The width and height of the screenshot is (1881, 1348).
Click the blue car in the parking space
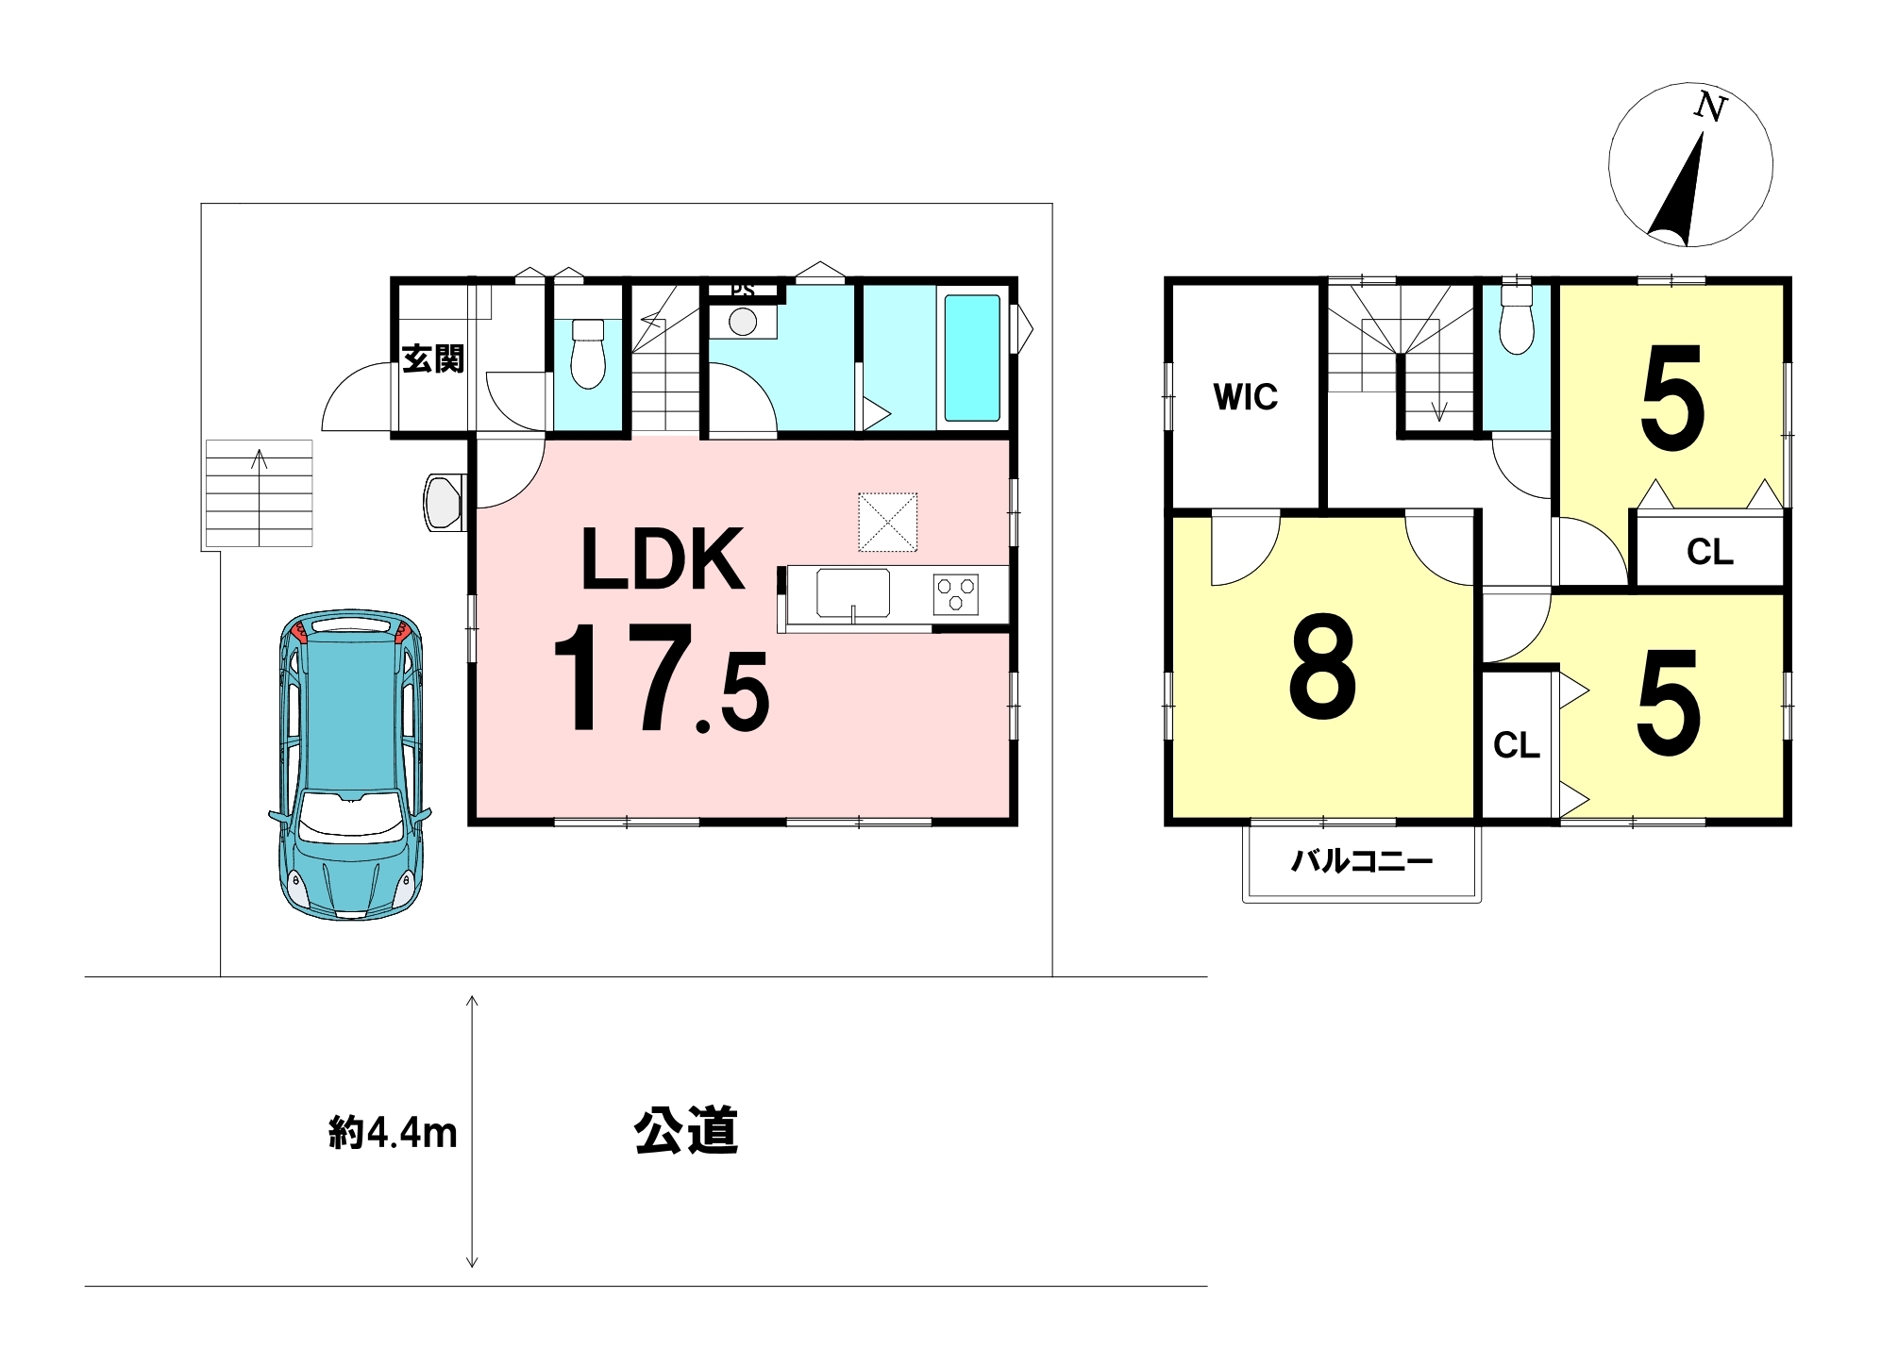tap(350, 764)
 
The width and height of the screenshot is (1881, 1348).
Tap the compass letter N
tap(1709, 107)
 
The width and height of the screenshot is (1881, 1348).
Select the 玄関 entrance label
tap(433, 358)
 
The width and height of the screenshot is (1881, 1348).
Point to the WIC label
tap(1245, 397)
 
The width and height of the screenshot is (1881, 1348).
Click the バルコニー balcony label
tap(1362, 860)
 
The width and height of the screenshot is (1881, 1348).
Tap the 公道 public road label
tap(686, 1130)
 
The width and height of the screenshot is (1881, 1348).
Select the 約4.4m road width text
tap(393, 1132)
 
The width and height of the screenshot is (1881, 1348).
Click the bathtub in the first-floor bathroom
tap(971, 358)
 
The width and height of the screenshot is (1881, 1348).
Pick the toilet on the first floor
tap(588, 353)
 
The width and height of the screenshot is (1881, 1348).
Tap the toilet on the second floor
tap(1516, 318)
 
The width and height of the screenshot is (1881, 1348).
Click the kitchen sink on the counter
tap(853, 593)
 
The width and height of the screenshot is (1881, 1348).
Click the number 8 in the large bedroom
tap(1321, 665)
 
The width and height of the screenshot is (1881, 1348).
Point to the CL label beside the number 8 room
tap(1516, 745)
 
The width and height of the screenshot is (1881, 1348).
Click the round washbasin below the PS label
tap(743, 322)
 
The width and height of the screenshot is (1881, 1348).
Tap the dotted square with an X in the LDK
tap(887, 522)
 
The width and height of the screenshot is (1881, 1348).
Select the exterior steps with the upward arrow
tap(259, 492)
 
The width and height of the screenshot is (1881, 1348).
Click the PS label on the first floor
tap(743, 290)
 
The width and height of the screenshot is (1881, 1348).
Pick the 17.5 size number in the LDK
tap(662, 676)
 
